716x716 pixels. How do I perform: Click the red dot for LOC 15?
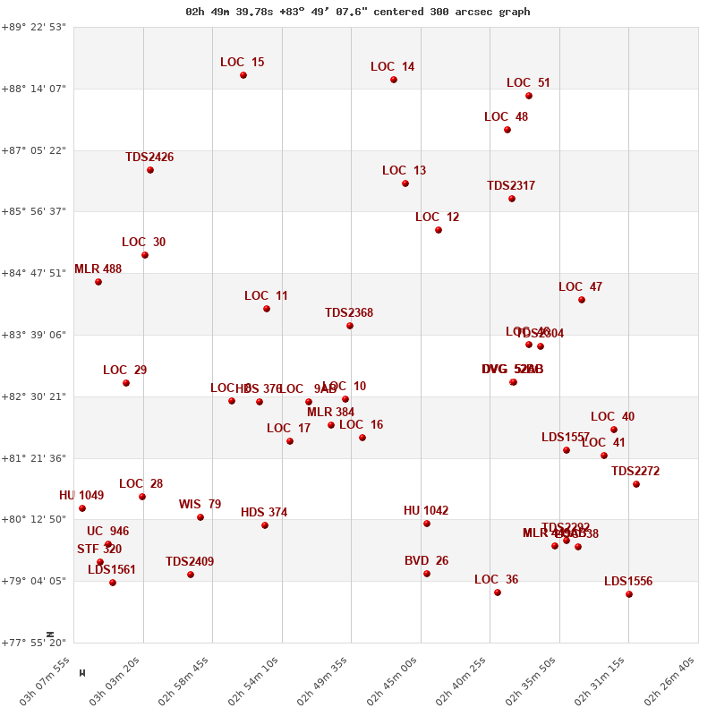coord(243,75)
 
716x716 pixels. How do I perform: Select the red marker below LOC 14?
coord(394,80)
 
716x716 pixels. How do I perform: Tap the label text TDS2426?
coord(149,158)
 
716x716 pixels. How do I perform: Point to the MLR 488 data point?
coord(98,282)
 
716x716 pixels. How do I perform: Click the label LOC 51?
coord(528,83)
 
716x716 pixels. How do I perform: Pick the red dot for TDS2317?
coord(512,199)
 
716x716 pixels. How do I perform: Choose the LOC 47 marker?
coord(582,300)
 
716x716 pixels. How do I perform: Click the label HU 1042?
coord(426,511)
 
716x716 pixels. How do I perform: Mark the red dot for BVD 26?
coord(427,574)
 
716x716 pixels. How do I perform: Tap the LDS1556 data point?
coord(629,594)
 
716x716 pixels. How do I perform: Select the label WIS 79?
coord(200,505)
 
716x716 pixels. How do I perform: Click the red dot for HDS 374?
coord(265,525)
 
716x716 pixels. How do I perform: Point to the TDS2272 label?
coord(635,472)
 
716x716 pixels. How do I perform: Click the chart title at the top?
coord(358,12)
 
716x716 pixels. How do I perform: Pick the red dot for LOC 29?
coord(126,383)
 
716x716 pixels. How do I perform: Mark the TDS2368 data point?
coord(350,326)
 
